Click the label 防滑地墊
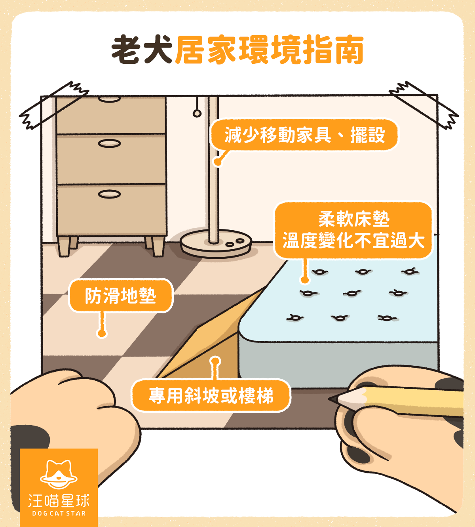click(x=121, y=296)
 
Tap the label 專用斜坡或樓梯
click(x=211, y=395)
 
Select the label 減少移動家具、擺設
click(x=304, y=135)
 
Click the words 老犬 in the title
click(x=142, y=50)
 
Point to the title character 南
click(x=349, y=50)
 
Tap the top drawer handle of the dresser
click(x=109, y=99)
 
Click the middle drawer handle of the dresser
click(x=109, y=143)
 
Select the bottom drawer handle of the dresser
click(x=109, y=194)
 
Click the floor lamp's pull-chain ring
click(x=197, y=114)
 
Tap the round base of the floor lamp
click(x=216, y=244)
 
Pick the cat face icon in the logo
click(x=59, y=474)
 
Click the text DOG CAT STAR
click(x=59, y=514)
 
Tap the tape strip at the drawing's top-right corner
click(x=424, y=105)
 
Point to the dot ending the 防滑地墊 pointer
click(x=102, y=333)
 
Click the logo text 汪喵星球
click(x=59, y=501)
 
